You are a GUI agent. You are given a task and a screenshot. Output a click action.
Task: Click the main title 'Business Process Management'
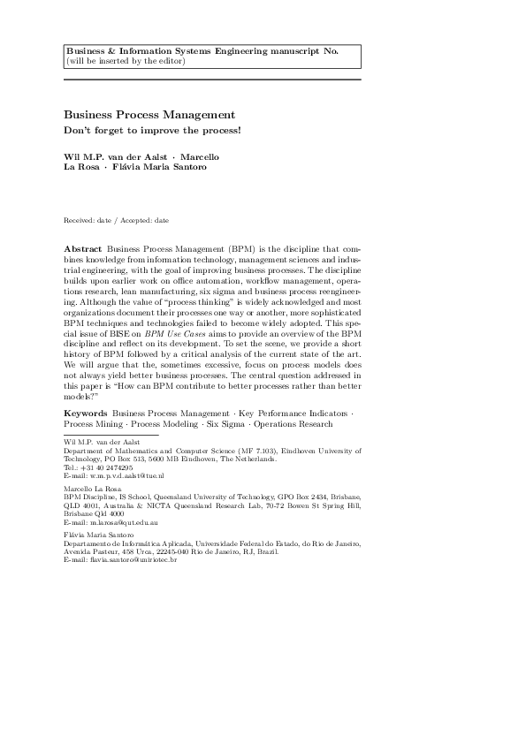149,115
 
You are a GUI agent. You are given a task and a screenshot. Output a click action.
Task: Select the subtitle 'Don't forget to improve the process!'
152,131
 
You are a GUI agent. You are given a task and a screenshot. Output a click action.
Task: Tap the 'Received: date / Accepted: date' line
117,220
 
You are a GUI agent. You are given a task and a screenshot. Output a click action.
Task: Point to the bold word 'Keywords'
86,414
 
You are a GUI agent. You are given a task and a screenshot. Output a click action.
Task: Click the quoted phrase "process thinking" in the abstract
185,300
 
